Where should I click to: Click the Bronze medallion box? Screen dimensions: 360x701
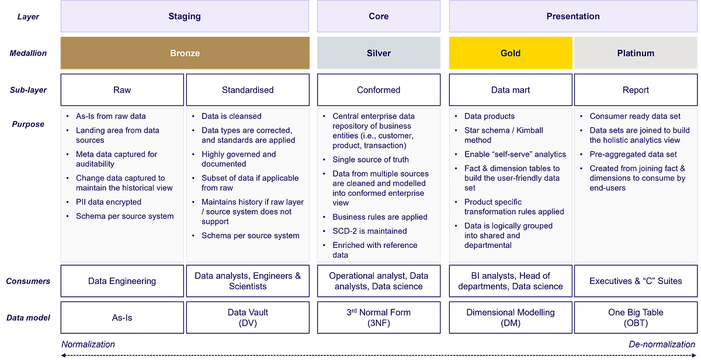pos(185,53)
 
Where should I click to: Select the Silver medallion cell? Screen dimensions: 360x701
pos(379,53)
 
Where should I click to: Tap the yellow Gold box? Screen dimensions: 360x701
pos(510,53)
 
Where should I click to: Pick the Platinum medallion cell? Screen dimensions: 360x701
pos(636,53)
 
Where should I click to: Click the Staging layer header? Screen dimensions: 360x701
pos(185,16)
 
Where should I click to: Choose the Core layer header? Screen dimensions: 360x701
pos(379,16)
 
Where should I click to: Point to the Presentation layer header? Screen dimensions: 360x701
pos(572,16)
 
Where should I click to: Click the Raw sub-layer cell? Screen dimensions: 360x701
pos(122,90)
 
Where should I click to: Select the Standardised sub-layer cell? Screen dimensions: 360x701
pos(248,90)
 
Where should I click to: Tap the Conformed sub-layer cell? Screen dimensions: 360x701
pos(379,90)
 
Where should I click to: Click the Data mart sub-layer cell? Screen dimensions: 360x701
pos(510,90)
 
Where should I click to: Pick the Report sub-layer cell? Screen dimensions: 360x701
pos(636,90)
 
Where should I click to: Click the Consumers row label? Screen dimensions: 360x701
pos(28,281)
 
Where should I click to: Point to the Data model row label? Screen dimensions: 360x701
pos(28,317)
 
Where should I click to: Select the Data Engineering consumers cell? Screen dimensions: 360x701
pos(122,281)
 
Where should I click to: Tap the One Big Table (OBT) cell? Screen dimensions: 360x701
pos(636,317)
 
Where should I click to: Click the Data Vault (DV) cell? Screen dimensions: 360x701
pos(248,317)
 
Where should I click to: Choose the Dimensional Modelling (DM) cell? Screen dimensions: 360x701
pos(510,317)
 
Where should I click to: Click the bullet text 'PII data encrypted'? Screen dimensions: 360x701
pos(109,202)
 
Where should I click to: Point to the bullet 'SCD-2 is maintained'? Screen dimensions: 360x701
pos(370,231)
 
